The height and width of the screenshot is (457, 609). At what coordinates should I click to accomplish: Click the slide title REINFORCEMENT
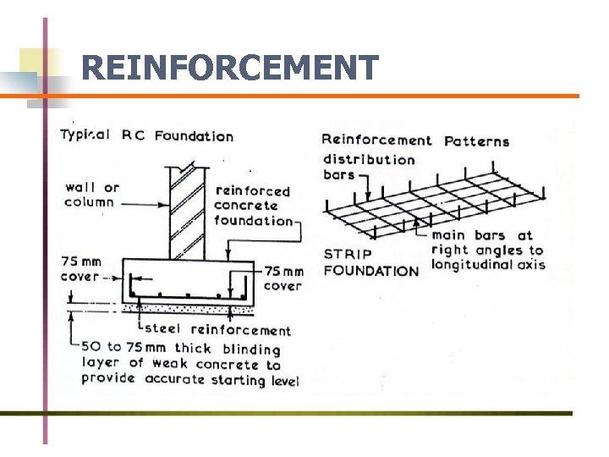click(x=230, y=68)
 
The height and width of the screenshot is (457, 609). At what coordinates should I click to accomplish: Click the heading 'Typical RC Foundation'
click(x=146, y=135)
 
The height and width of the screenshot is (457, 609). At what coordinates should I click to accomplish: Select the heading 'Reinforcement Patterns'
click(x=415, y=140)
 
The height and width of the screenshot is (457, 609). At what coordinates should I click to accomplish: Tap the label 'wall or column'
click(x=91, y=195)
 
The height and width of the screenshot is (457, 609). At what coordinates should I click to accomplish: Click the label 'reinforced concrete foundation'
click(x=253, y=206)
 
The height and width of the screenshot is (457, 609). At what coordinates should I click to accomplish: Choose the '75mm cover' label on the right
click(x=283, y=278)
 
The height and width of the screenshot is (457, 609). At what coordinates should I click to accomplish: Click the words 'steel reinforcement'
click(x=218, y=330)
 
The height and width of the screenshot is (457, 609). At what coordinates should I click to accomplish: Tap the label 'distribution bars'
click(x=368, y=167)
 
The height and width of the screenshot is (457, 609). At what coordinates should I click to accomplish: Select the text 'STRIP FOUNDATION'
click(x=370, y=262)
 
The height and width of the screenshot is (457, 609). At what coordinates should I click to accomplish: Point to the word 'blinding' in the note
click(x=251, y=349)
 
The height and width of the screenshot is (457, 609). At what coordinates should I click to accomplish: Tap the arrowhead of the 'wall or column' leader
click(x=167, y=203)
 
